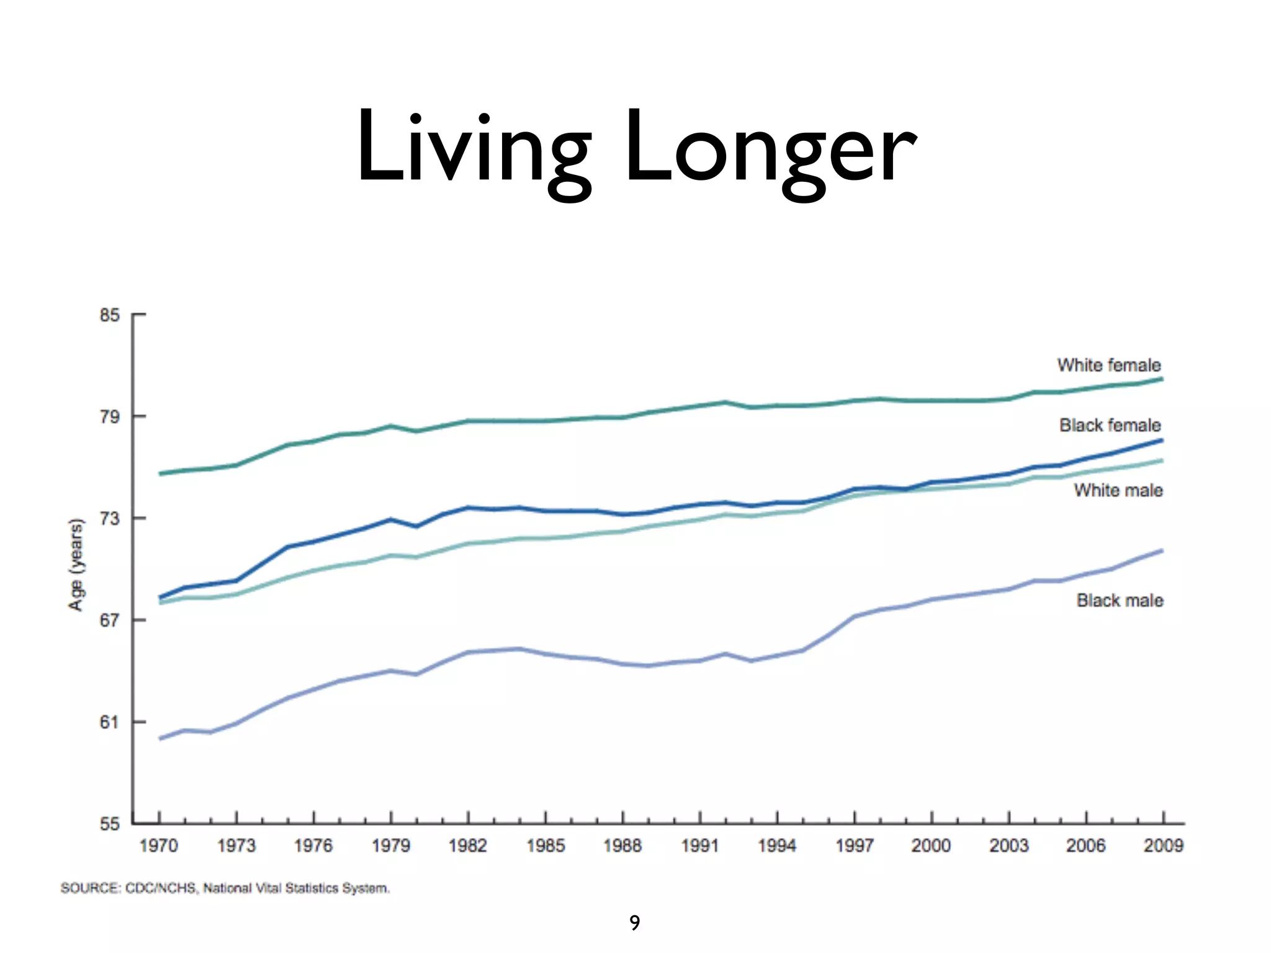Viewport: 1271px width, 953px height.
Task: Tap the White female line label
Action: [x=1108, y=365]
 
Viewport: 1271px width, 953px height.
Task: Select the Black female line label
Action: [x=1110, y=425]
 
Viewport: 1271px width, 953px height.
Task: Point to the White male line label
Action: [x=1118, y=490]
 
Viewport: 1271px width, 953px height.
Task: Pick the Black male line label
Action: [x=1120, y=600]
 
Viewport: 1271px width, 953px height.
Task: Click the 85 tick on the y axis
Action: [x=109, y=315]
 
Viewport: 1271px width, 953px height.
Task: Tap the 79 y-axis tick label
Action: [x=109, y=416]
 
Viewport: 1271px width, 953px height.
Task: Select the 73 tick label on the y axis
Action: [x=109, y=518]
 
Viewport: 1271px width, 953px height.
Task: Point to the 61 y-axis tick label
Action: [x=109, y=722]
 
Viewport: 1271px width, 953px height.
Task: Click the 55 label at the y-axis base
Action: [x=109, y=824]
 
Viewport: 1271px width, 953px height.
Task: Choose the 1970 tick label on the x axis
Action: [x=159, y=846]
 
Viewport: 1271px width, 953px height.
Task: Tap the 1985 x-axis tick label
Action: [x=546, y=846]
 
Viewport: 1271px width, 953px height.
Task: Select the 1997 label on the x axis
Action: [x=855, y=846]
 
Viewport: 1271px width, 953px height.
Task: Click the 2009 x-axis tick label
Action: [x=1163, y=846]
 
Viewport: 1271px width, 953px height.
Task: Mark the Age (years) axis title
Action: [x=76, y=564]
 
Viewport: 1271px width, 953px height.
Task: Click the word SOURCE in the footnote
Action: [x=89, y=888]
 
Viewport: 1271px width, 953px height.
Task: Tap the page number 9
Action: [x=634, y=923]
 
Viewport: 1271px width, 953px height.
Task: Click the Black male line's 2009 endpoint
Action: [x=1162, y=551]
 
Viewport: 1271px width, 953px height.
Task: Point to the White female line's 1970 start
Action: [x=160, y=474]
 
